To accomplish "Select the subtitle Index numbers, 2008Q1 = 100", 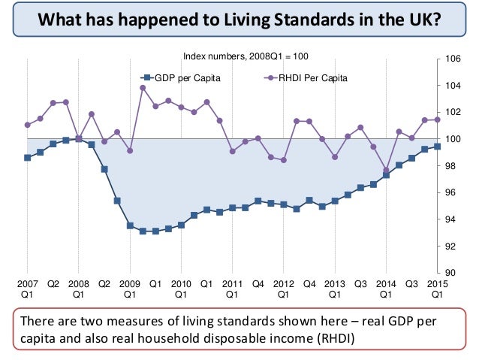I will tap(246, 56).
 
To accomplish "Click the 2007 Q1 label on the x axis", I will tap(27, 289).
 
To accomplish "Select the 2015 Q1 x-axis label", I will tap(437, 289).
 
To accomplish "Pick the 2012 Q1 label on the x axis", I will tap(283, 289).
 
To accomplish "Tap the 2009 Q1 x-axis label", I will tap(130, 289).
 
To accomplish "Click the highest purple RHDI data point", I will tap(143, 88).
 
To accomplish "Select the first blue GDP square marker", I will tap(28, 158).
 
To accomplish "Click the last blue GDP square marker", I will tap(437, 147).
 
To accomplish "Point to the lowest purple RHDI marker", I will tap(386, 170).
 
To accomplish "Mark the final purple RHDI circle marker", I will tap(437, 119).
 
